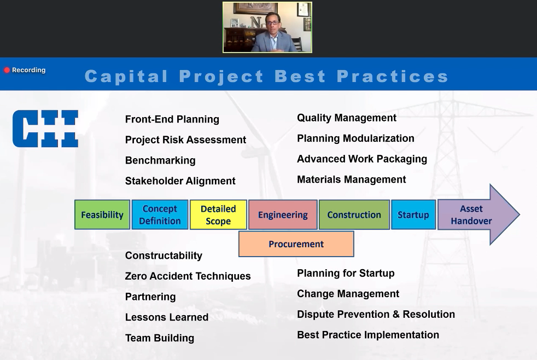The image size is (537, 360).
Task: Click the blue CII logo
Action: [x=45, y=129]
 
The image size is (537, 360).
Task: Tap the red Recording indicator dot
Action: [x=7, y=70]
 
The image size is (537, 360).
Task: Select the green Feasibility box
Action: [x=102, y=215]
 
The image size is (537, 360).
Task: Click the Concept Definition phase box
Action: [x=160, y=215]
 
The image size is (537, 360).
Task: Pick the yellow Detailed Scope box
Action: [x=218, y=215]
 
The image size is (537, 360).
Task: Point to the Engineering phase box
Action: [x=283, y=215]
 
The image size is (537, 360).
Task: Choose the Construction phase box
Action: [x=354, y=215]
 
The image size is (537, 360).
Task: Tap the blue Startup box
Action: [x=413, y=215]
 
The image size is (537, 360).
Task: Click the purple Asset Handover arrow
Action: [x=478, y=215]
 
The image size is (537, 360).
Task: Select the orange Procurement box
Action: [x=296, y=244]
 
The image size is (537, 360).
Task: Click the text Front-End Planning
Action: [x=172, y=119]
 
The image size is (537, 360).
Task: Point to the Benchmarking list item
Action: [x=160, y=160]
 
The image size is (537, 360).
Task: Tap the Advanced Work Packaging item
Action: [x=362, y=159]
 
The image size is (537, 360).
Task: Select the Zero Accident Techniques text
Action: [x=188, y=276]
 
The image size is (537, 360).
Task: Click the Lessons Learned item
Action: [x=167, y=317]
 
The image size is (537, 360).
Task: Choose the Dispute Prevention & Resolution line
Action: [x=376, y=314]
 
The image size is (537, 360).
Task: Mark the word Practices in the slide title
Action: [x=393, y=77]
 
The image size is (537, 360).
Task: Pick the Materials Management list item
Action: [x=352, y=179]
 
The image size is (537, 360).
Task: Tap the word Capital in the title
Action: [x=126, y=77]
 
